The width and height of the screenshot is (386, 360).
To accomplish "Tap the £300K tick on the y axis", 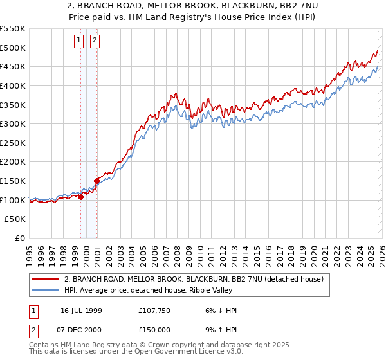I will pos(13,123).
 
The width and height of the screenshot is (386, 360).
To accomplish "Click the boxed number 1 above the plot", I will pos(79,40).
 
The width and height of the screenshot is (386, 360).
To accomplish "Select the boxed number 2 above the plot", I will pos(95,40).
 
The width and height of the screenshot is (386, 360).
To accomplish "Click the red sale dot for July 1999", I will pos(80,197).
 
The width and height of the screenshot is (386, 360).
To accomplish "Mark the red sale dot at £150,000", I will pos(96,181).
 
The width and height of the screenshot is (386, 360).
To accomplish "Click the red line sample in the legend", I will pos(46,279).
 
